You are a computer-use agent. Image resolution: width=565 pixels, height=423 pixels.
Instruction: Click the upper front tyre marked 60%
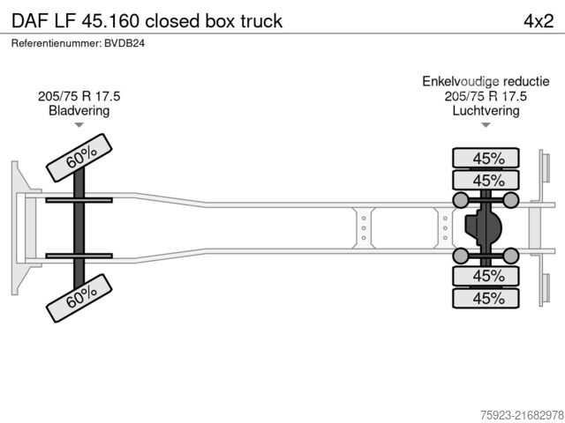[80, 158]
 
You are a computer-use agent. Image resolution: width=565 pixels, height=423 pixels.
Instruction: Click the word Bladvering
[79, 111]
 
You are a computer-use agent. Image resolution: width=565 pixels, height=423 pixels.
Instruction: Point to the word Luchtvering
[486, 111]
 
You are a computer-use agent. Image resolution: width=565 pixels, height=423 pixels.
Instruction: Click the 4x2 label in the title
[538, 20]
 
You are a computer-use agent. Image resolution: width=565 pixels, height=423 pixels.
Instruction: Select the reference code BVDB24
[124, 43]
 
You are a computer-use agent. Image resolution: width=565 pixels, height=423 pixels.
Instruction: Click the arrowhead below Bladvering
[79, 126]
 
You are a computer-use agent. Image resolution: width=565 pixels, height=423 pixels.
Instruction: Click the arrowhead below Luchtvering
[486, 126]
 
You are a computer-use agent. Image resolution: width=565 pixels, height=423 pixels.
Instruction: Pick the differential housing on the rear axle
[480, 227]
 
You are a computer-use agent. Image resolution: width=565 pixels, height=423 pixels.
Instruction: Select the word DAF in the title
[29, 20]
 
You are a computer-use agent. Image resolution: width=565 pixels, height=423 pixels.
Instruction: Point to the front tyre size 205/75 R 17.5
[79, 96]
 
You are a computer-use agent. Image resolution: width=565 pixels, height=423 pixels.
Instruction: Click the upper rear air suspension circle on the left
[460, 200]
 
